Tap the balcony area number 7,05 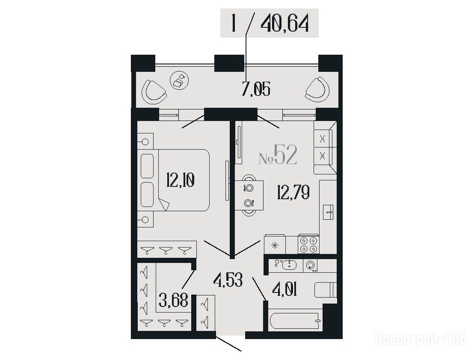256,89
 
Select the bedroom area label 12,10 180,180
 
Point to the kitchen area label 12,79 293,193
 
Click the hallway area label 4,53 228,280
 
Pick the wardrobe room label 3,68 173,301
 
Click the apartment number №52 278,155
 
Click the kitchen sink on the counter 328,212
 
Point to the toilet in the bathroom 325,290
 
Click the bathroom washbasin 289,265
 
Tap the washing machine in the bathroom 310,266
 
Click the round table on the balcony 180,80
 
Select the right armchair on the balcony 317,90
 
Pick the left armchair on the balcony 154,92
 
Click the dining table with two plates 249,195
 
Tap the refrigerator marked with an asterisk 275,245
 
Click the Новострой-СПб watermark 421,338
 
